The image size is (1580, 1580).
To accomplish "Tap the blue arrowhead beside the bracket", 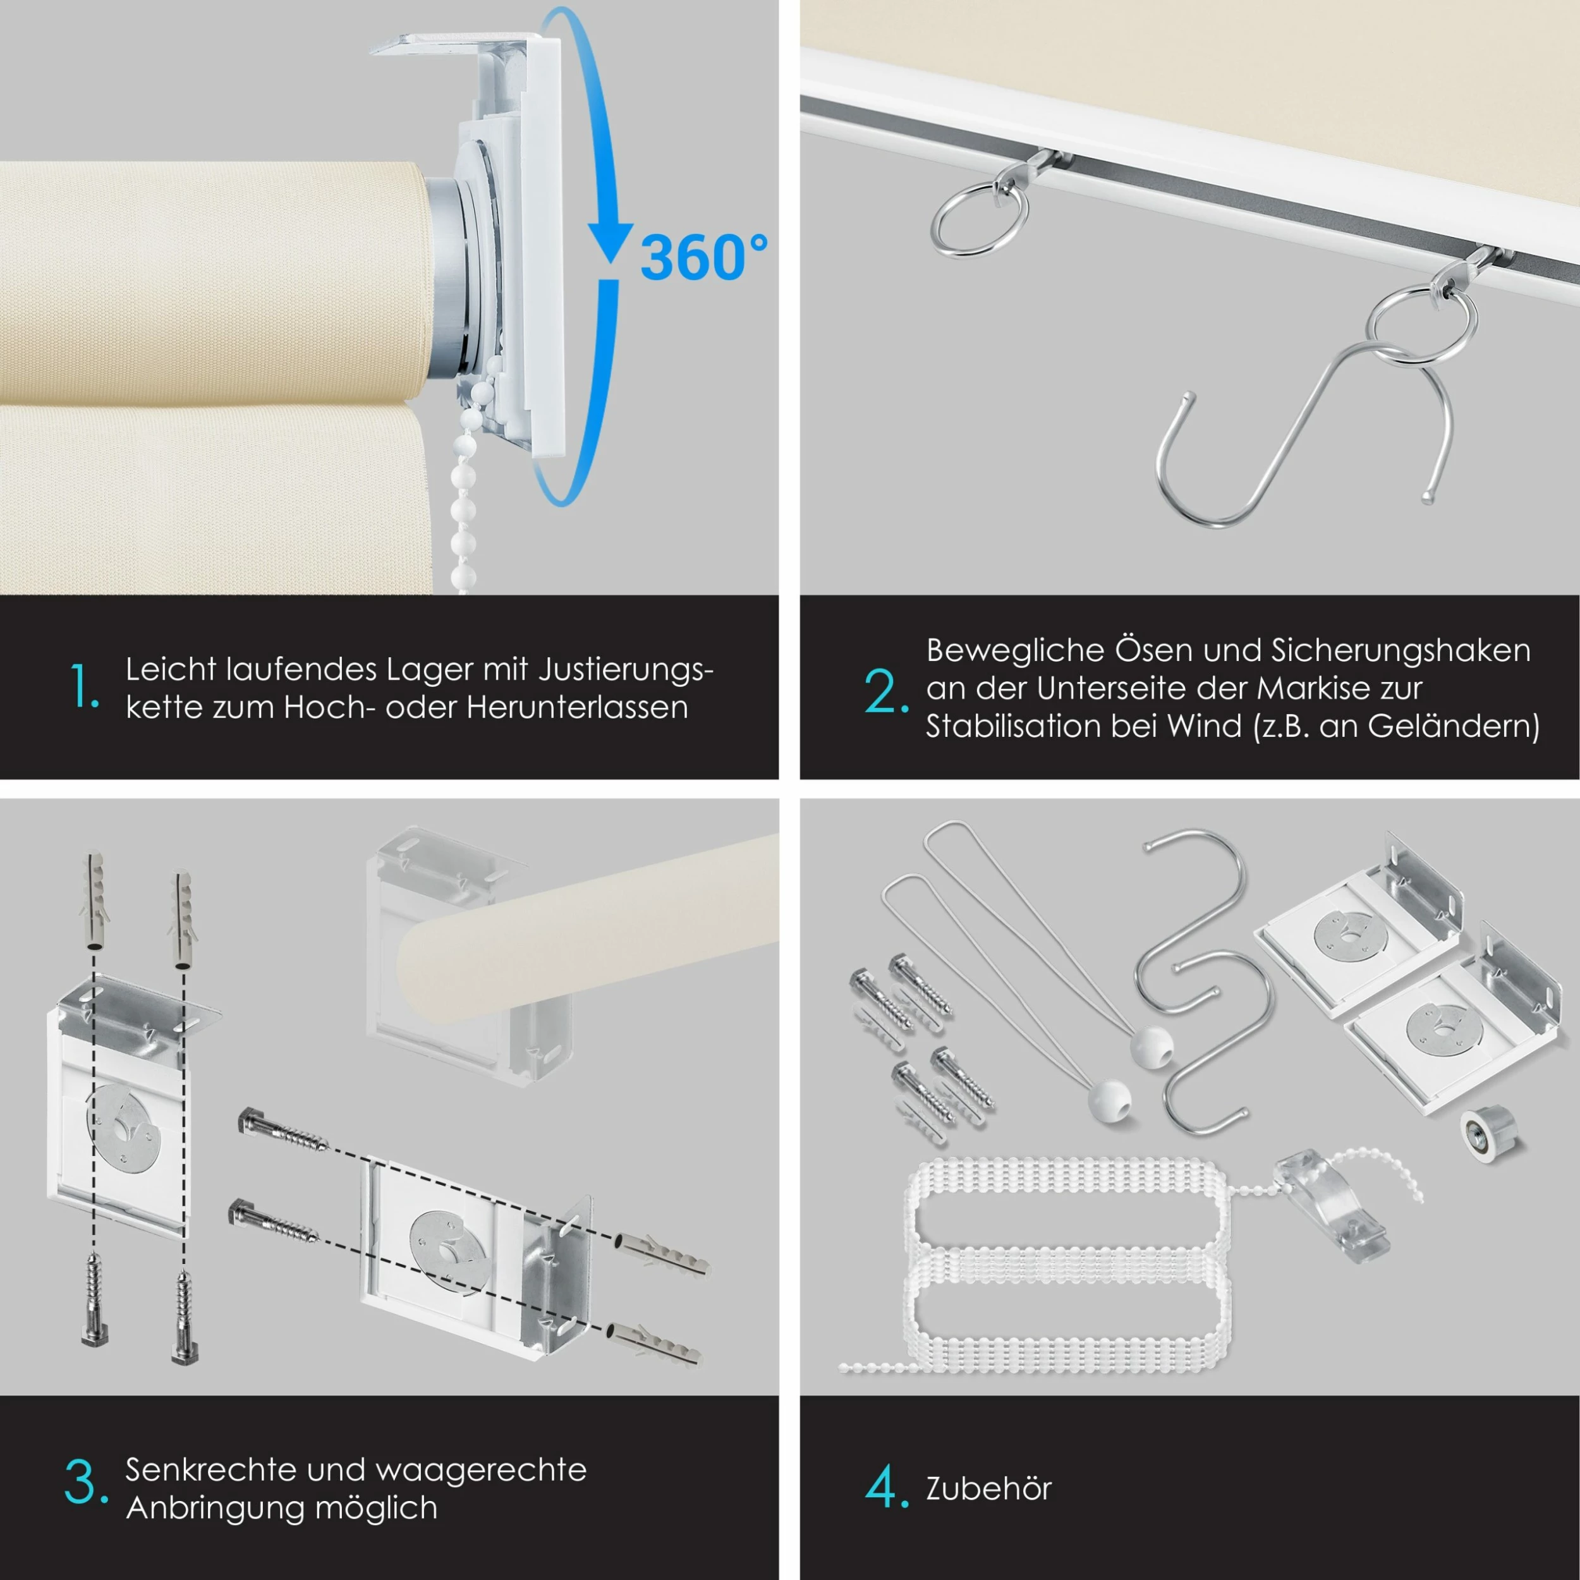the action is point(610,243).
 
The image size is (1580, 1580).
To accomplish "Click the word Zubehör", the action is point(988,1488).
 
